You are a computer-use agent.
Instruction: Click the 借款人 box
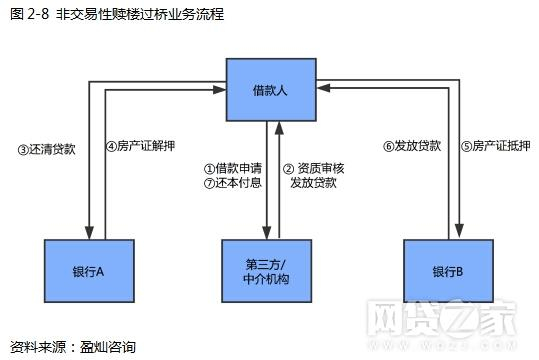pyautogui.click(x=270, y=90)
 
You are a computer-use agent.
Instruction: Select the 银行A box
pyautogui.click(x=89, y=270)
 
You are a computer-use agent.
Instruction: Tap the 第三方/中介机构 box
pyautogui.click(x=271, y=270)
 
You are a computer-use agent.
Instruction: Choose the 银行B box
pyautogui.click(x=447, y=270)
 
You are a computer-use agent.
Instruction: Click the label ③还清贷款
pyautogui.click(x=46, y=150)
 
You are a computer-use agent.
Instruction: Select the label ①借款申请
pyautogui.click(x=233, y=169)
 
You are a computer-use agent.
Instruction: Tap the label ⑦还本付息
pyautogui.click(x=233, y=183)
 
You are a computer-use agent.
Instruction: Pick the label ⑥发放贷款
pyautogui.click(x=409, y=145)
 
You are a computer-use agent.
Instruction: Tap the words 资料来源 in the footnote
pyautogui.click(x=34, y=346)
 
